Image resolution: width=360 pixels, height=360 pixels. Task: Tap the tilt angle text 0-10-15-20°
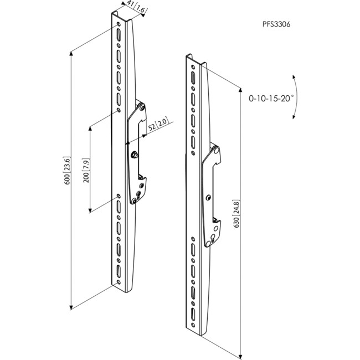pyautogui.click(x=271, y=97)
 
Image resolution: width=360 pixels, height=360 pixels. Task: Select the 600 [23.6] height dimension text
pyautogui.click(x=68, y=171)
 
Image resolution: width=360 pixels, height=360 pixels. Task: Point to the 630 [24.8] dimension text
pyautogui.click(x=237, y=215)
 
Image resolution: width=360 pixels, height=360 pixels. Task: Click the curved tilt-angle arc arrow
pyautogui.click(x=297, y=97)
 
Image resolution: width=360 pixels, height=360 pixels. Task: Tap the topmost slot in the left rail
pyautogui.click(x=119, y=35)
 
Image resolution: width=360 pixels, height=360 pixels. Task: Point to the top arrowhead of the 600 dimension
pyautogui.click(x=71, y=52)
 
